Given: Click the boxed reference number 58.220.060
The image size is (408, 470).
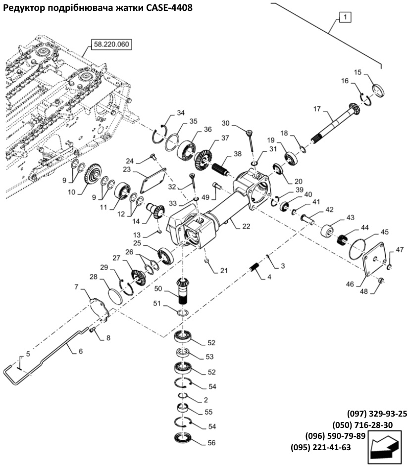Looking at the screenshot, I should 111,45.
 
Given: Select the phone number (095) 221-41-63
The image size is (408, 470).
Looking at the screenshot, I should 320,447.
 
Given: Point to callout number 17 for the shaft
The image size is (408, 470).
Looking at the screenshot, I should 317,109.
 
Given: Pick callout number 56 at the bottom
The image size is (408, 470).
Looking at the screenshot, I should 211,443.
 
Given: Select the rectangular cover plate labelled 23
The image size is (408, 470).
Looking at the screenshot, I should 153,182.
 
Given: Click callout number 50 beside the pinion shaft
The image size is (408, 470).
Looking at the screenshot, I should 158,289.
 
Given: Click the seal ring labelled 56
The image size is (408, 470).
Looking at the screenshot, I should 184,439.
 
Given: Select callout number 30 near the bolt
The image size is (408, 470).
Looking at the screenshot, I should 226,123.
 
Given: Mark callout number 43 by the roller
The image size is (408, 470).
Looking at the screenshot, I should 350,218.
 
